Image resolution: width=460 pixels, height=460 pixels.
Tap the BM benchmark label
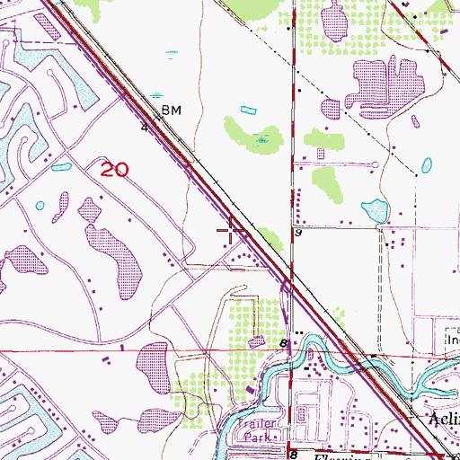(x=171, y=111)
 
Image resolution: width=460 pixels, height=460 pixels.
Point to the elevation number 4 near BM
(x=144, y=128)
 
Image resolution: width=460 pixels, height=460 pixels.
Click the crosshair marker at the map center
(x=231, y=232)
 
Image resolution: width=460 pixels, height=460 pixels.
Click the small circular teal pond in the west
(x=40, y=206)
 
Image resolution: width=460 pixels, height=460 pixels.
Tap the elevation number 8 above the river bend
(x=283, y=343)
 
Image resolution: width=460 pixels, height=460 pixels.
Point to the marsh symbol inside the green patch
(x=261, y=139)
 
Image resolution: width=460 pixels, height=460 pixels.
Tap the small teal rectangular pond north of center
(x=248, y=111)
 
